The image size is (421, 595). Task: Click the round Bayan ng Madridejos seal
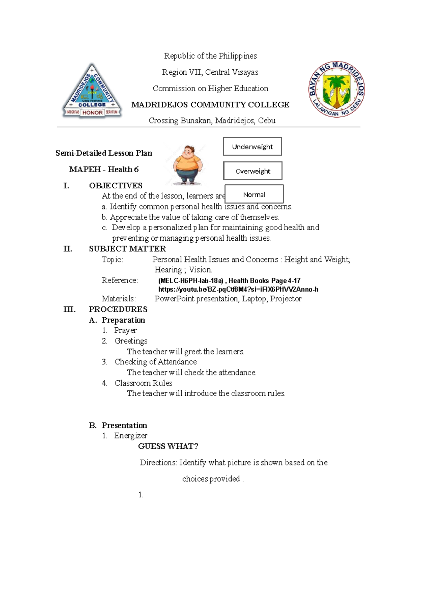pos(336,89)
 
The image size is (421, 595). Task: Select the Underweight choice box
pos(252,147)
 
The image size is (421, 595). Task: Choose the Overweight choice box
pos(253,171)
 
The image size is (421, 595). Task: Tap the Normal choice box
pos(254,194)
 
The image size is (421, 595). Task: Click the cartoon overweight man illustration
pos(187,165)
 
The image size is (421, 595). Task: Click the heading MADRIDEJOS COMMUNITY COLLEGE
pos(210,105)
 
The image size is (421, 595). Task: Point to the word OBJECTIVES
pos(116,186)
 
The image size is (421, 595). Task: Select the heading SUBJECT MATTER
pos(127,249)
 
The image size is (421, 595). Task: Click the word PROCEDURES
pos(118,309)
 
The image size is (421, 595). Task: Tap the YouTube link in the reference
pos(238,289)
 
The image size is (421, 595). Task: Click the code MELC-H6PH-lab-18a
pos(191,281)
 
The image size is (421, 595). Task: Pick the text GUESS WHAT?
pos(168,446)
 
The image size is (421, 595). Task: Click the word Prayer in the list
pos(125,330)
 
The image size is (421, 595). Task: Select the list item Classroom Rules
pos(143,383)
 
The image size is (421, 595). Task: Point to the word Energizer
pos(131,436)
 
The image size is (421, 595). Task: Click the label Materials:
pos(119,299)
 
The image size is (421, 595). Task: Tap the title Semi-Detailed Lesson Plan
pos(104,153)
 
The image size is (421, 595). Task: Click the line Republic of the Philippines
pos(210,56)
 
